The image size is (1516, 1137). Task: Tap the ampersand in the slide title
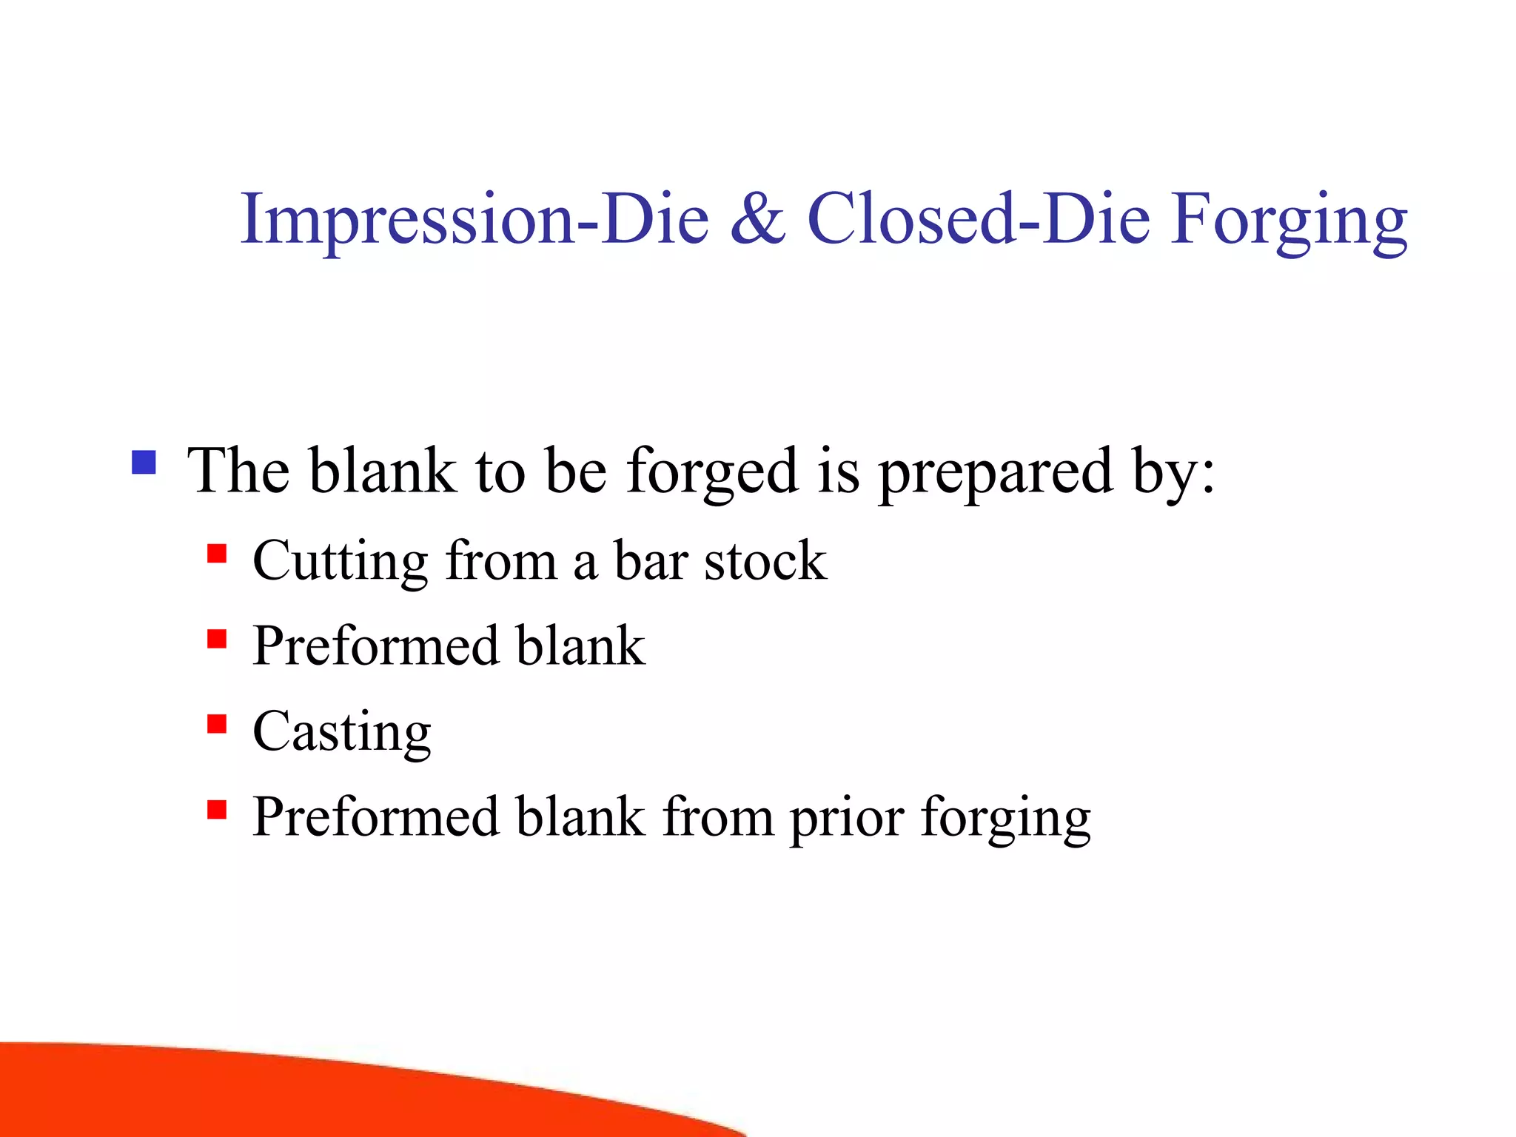coord(757,219)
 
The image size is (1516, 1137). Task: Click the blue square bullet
coord(144,463)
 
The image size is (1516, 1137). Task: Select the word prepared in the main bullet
coord(996,474)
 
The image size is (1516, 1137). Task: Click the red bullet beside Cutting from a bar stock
coord(216,554)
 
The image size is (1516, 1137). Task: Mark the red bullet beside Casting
coord(216,723)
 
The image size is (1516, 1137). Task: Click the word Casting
coord(341,733)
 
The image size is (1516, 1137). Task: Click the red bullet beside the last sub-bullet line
coord(216,809)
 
